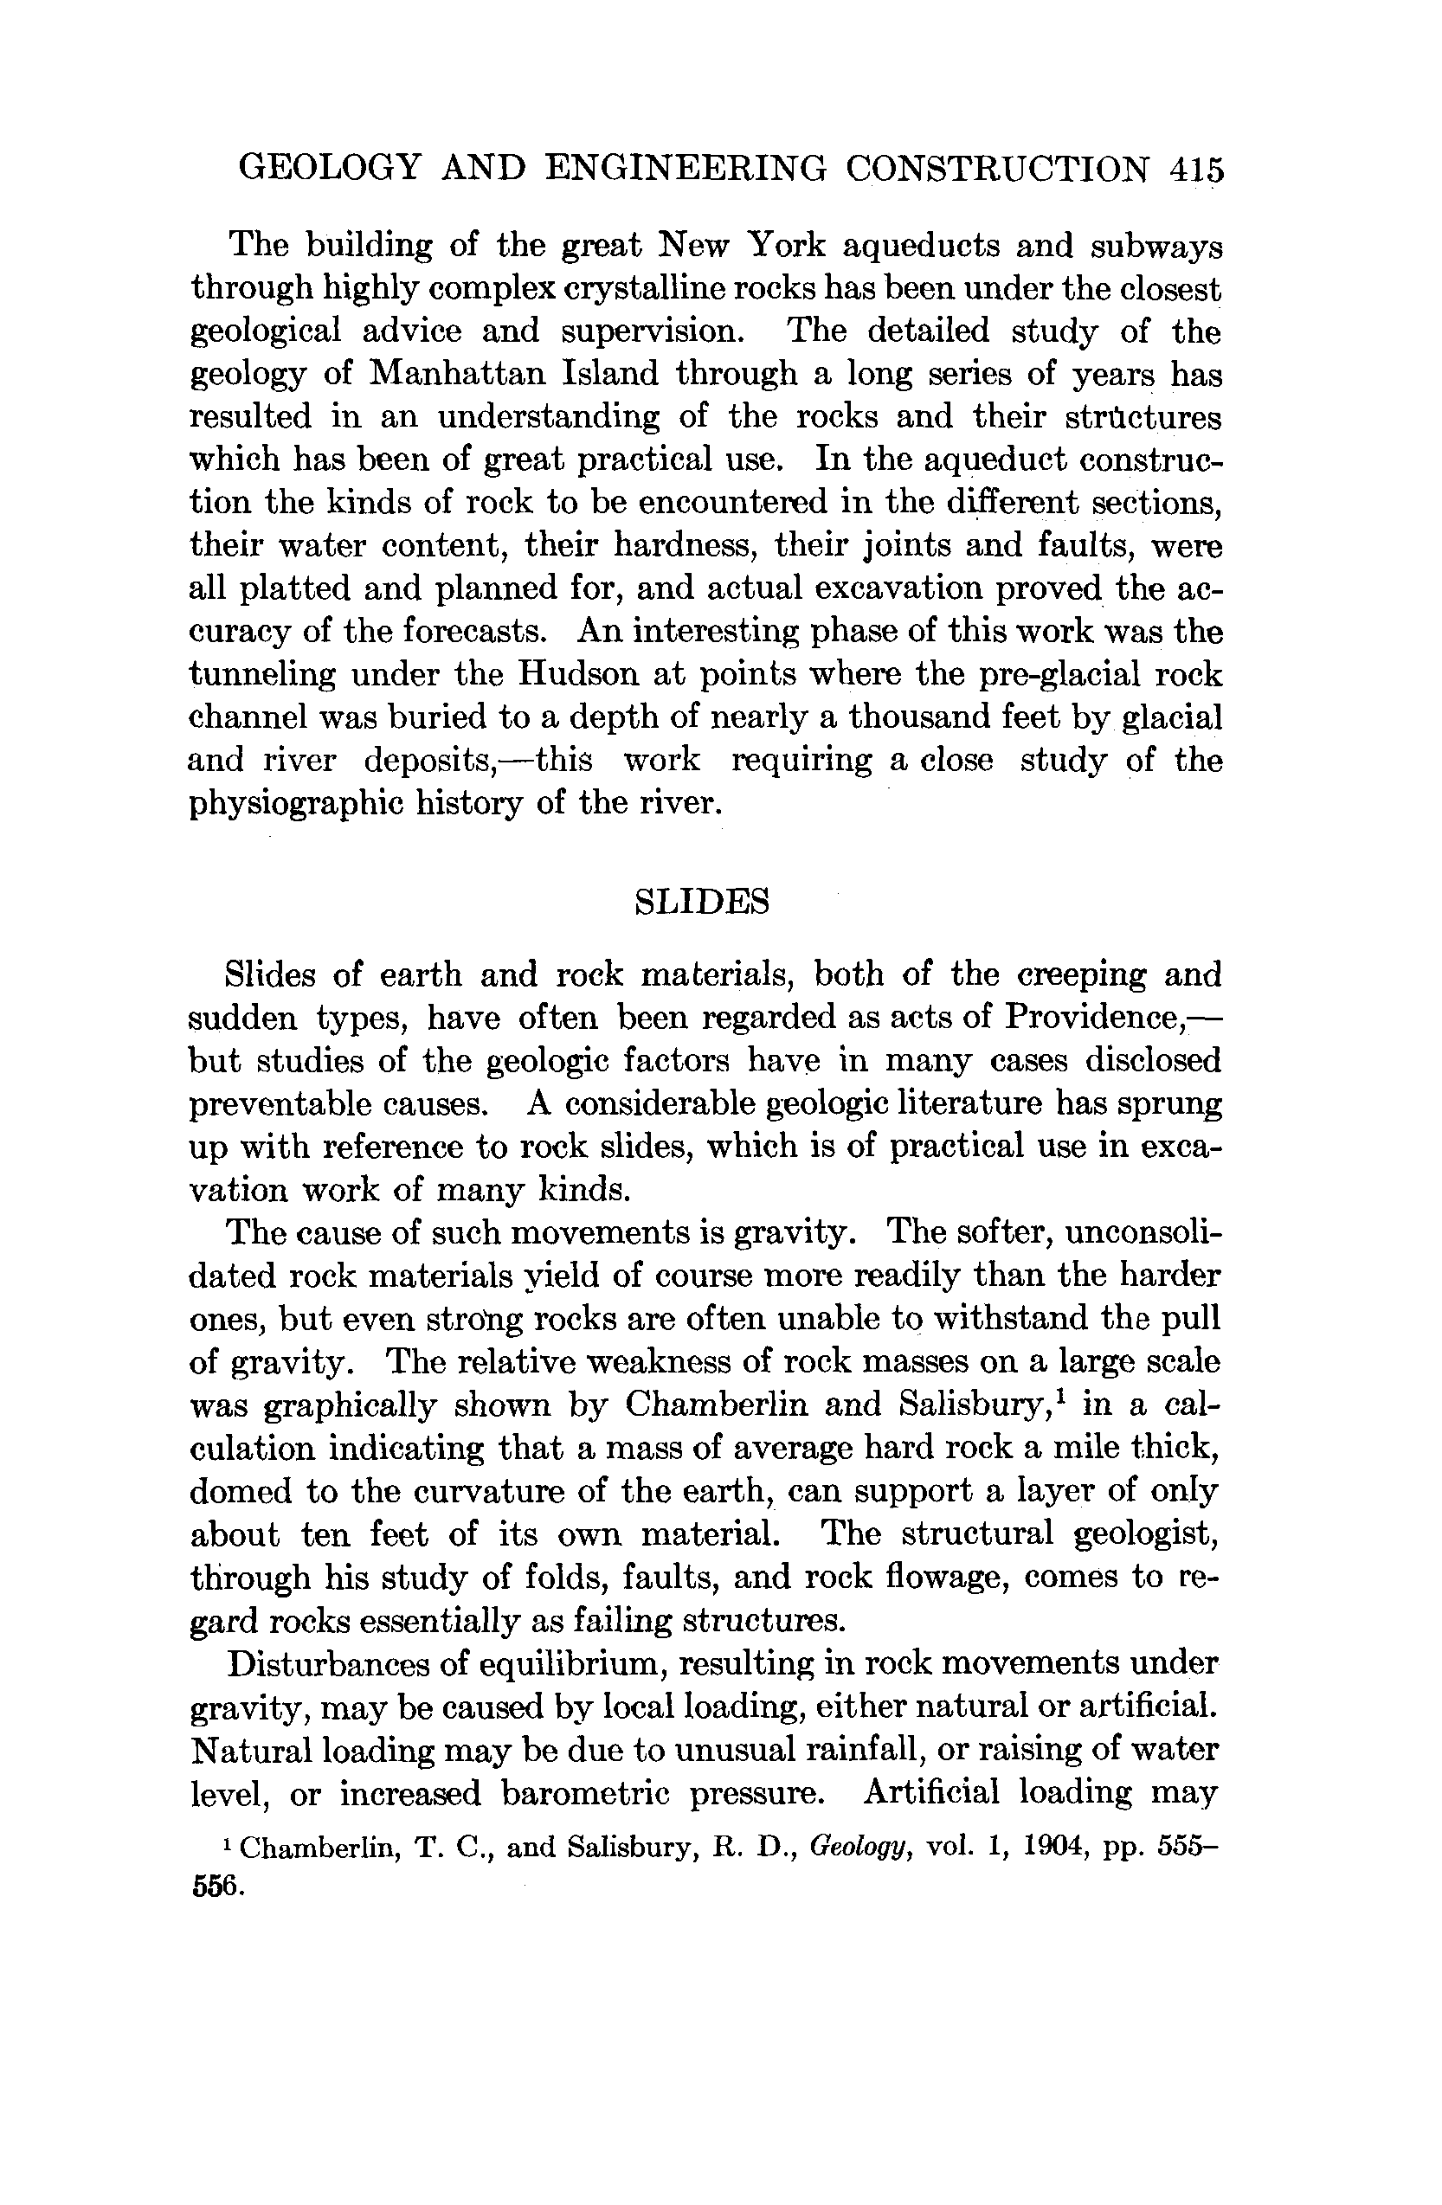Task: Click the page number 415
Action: (x=1196, y=170)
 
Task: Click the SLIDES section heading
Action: (x=702, y=903)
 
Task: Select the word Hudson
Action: (x=578, y=674)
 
